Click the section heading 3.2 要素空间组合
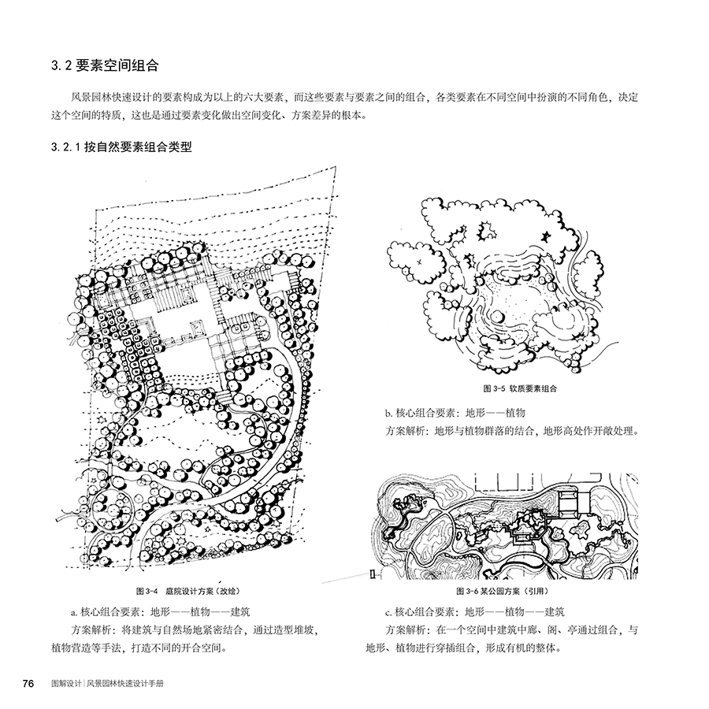(105, 65)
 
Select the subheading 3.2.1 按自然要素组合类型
(121, 147)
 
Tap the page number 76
(28, 683)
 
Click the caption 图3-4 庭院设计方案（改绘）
(188, 591)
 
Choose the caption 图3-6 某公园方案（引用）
(503, 591)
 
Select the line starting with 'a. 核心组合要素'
(161, 612)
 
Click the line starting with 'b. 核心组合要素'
(455, 412)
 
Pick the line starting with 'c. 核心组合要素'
(475, 612)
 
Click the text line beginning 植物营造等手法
(139, 648)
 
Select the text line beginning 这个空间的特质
(209, 115)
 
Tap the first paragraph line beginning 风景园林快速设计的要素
(354, 97)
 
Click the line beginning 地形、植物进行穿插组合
(463, 648)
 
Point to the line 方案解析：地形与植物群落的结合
(512, 430)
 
